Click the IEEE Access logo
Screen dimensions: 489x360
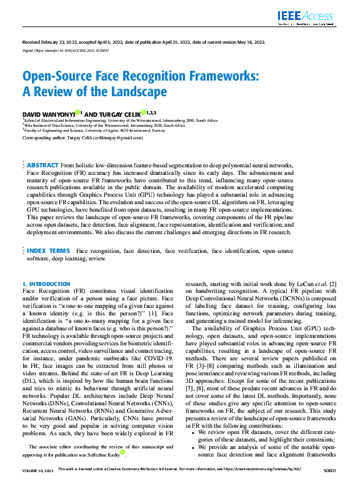coord(306,16)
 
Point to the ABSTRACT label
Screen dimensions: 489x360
coord(42,165)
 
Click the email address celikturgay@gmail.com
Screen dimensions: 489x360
coord(118,137)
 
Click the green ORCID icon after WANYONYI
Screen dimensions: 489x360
coord(77,113)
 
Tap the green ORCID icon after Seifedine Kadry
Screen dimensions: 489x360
coord(123,468)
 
